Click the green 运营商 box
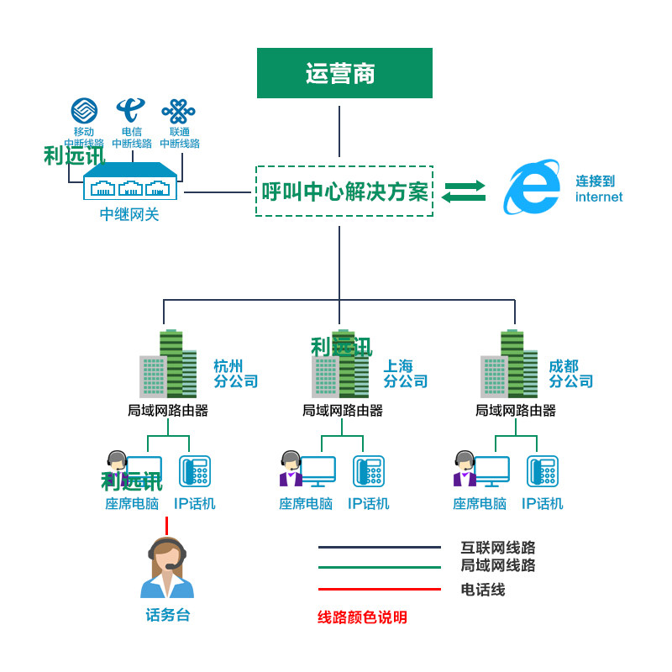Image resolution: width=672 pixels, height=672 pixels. (344, 73)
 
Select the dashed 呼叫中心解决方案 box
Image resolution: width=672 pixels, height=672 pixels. (344, 192)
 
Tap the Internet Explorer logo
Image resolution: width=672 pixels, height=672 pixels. (531, 187)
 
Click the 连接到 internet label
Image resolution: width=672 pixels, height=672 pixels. (598, 189)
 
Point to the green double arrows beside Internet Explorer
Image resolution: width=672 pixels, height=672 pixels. (464, 192)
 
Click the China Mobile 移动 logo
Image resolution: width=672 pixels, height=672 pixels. (83, 111)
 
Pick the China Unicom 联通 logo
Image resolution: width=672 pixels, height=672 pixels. (179, 111)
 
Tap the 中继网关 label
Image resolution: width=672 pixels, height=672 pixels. (129, 215)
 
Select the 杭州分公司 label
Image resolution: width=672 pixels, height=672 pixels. (235, 374)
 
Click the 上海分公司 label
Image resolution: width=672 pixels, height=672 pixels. (406, 374)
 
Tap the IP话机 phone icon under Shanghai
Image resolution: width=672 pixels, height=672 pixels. (368, 471)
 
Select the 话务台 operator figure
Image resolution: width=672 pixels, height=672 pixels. (167, 568)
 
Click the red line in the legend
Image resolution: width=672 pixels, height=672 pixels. (380, 589)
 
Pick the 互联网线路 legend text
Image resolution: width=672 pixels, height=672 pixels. (498, 549)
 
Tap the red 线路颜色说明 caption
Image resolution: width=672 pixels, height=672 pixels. (362, 617)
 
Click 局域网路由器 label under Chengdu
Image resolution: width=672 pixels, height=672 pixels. (516, 411)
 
